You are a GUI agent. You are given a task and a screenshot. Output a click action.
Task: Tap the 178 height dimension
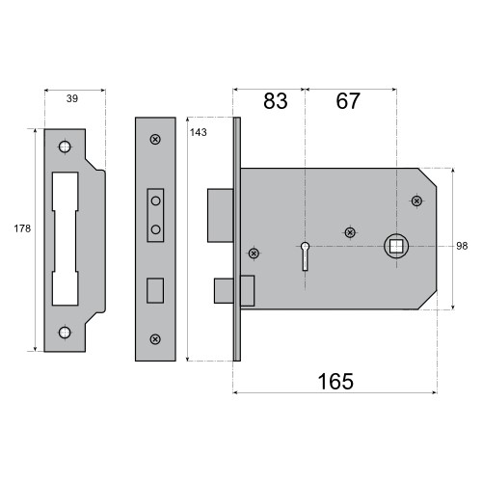point(23,228)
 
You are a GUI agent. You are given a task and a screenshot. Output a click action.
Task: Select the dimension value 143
point(199,132)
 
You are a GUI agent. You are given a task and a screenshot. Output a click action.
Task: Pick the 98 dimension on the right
point(462,246)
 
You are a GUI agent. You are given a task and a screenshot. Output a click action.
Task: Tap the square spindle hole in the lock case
point(395,246)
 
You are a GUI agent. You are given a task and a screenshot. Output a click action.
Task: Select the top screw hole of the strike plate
point(65,147)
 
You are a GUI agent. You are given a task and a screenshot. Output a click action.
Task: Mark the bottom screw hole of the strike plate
point(65,333)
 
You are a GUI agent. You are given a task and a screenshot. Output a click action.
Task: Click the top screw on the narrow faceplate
point(155,140)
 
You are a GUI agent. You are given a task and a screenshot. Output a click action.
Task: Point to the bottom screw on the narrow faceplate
point(155,339)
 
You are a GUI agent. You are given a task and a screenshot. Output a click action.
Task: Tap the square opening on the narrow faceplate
point(155,289)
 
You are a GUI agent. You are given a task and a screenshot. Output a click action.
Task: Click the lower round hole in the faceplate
point(155,229)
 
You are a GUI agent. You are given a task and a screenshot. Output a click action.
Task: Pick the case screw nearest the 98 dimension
point(416,201)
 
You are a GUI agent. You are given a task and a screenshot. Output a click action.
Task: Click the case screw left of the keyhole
point(254,254)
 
